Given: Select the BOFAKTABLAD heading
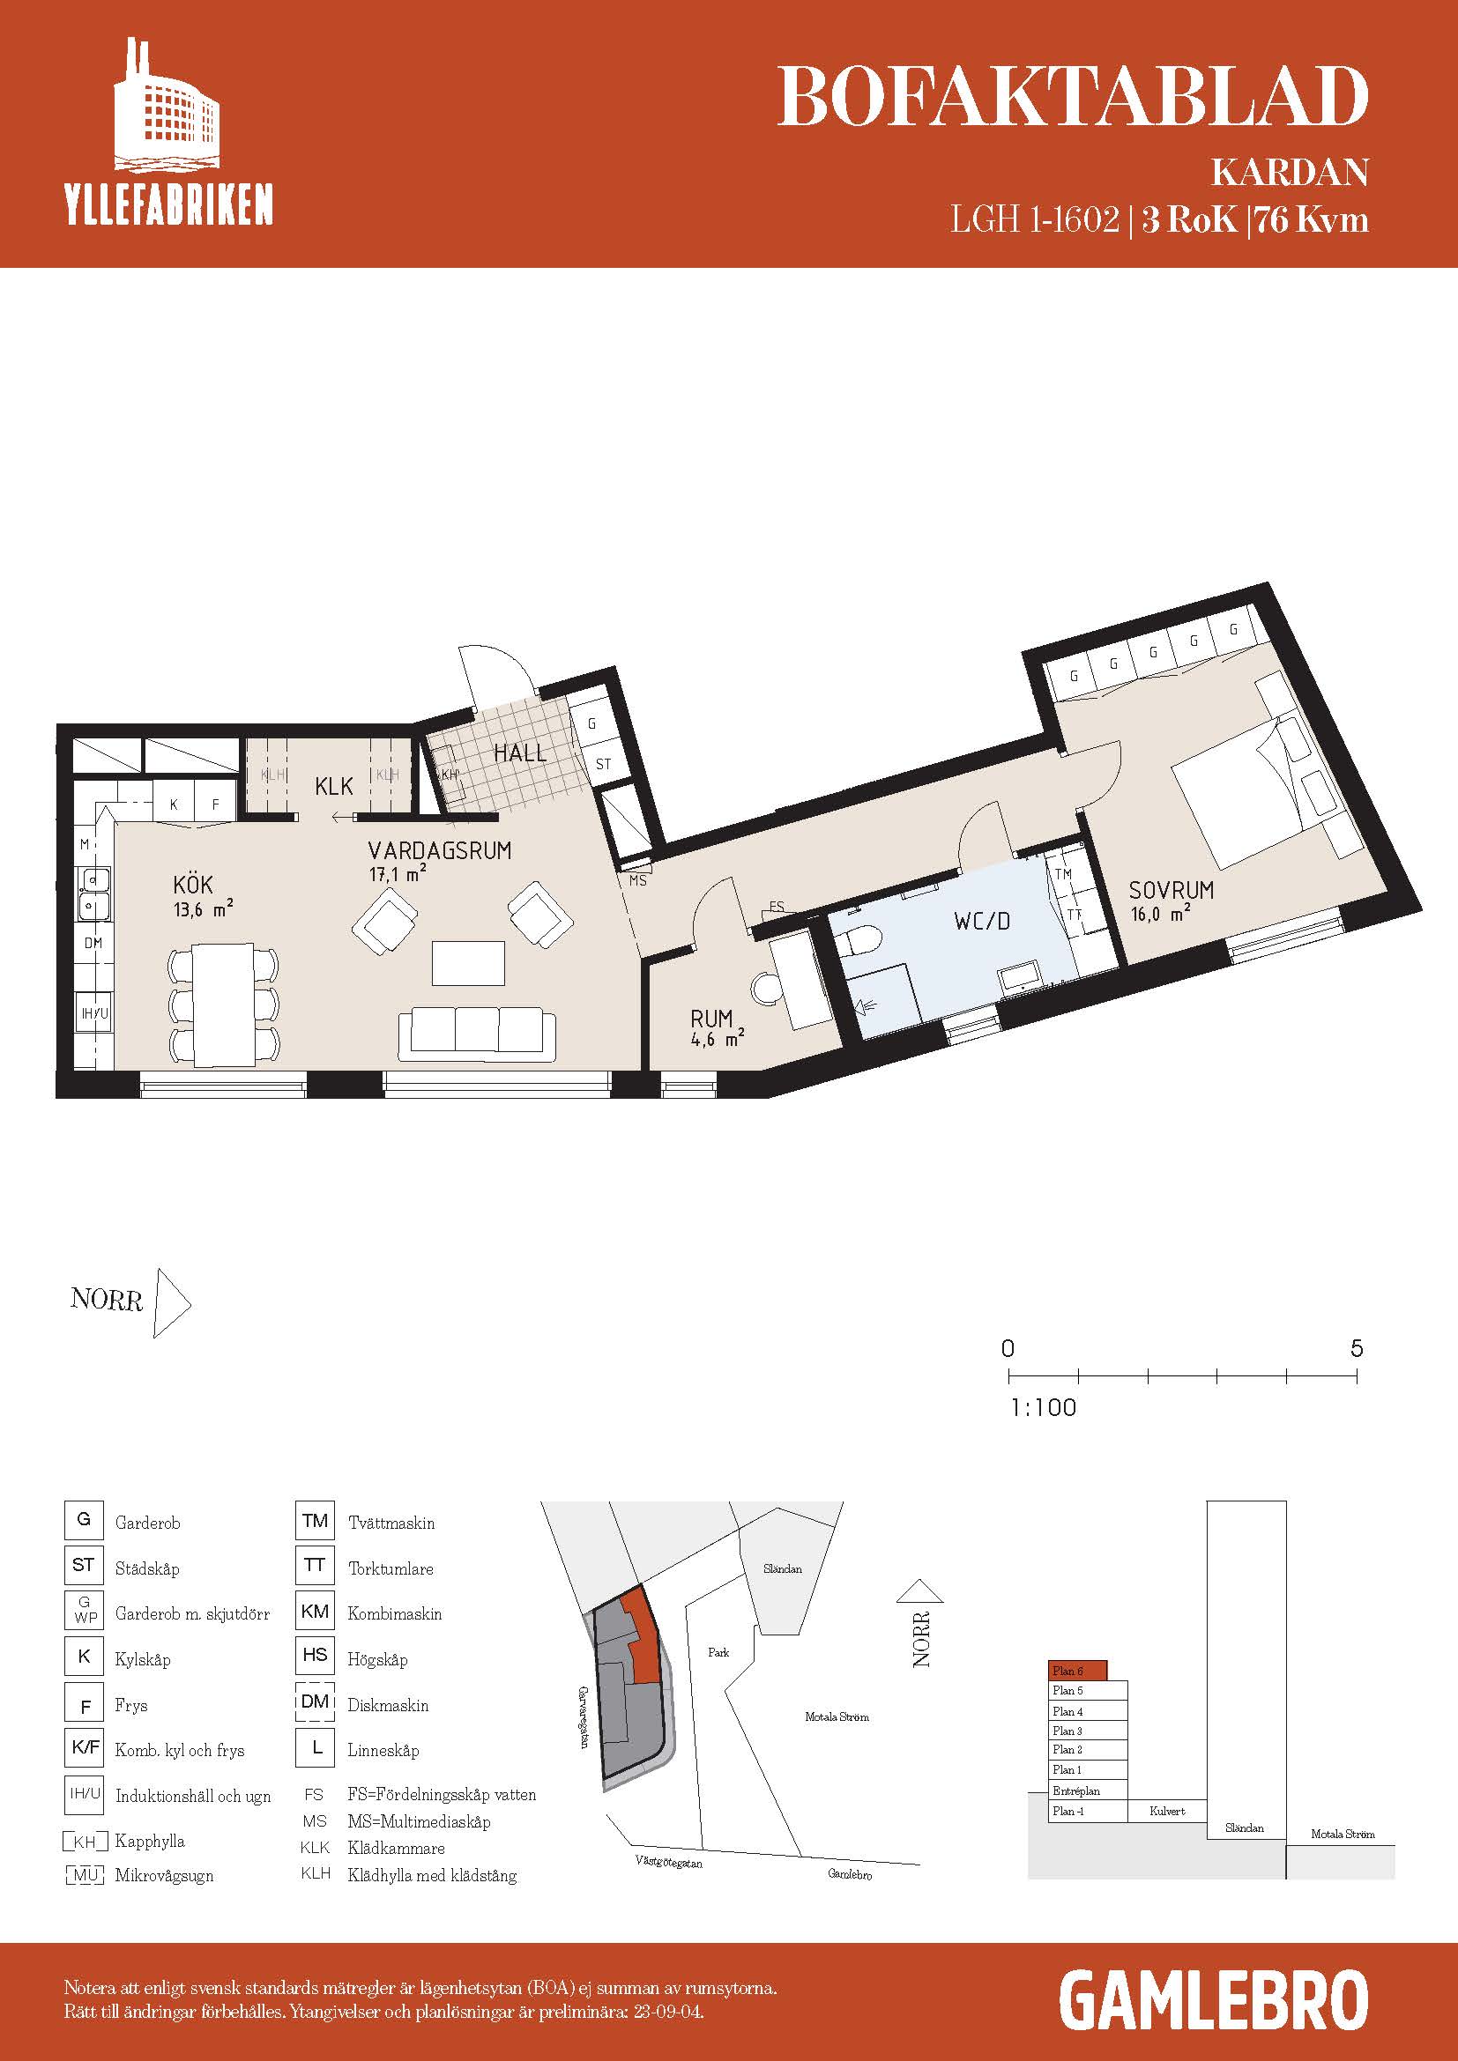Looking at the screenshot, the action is (x=1072, y=97).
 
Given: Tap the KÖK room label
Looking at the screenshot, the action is (x=193, y=885).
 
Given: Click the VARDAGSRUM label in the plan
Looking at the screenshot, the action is (x=440, y=850).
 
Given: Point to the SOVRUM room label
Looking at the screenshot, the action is (x=1171, y=891).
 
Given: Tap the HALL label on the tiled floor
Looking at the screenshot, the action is (x=520, y=752).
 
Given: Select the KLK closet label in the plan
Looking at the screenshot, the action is (x=334, y=786).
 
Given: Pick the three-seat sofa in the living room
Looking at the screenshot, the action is (x=477, y=1033).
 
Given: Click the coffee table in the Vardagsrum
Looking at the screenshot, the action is (x=468, y=962).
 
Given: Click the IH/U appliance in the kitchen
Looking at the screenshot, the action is (x=94, y=1013).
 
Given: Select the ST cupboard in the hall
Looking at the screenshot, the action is (x=603, y=764).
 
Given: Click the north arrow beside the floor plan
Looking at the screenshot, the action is (x=173, y=1302).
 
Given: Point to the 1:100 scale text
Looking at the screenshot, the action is (x=1043, y=1406).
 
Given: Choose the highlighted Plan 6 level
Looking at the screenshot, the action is (x=1077, y=1670).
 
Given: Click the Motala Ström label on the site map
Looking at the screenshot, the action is (x=836, y=1716).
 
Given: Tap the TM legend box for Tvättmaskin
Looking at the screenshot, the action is (x=315, y=1521).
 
